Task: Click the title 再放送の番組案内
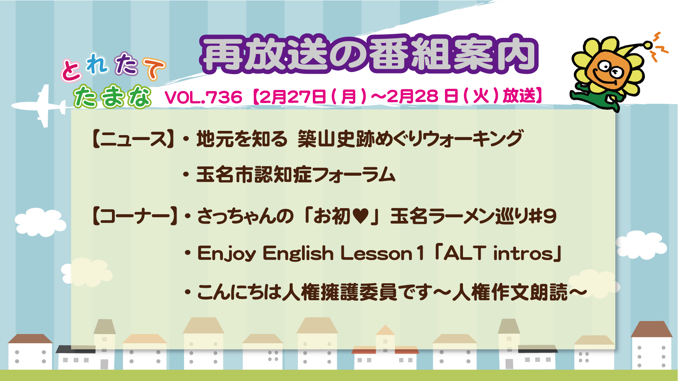click(x=369, y=54)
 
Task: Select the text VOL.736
click(x=204, y=97)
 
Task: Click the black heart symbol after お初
click(x=361, y=216)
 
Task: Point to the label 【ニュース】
click(x=133, y=139)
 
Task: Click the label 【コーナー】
click(x=135, y=216)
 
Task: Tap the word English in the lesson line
click(x=298, y=253)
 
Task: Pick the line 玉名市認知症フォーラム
click(x=296, y=175)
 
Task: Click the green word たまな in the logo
click(x=113, y=96)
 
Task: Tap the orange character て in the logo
click(x=154, y=68)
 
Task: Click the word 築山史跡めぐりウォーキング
click(x=410, y=139)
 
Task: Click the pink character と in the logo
click(x=71, y=69)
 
